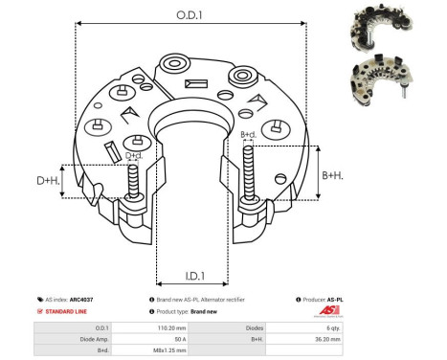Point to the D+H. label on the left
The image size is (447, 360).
[x=49, y=180]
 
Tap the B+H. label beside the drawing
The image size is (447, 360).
[x=334, y=175]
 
